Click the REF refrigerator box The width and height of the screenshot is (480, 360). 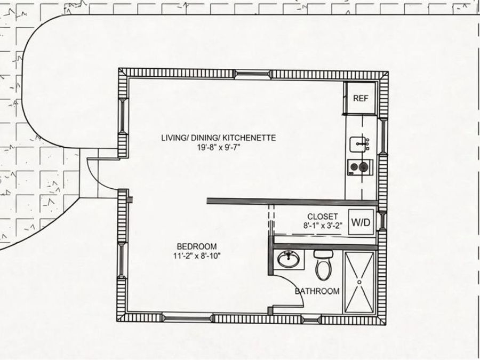coord(361,98)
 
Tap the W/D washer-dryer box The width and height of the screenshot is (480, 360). coord(361,222)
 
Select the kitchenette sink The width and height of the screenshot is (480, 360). coord(359,144)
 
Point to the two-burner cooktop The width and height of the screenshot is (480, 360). coord(360,167)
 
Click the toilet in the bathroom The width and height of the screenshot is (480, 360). coord(323,265)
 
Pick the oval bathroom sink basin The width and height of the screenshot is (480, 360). coord(289,259)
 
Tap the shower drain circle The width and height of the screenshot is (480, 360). coord(359,282)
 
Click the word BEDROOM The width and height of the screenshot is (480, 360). coord(197,246)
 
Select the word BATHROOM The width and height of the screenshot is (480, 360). coord(317,291)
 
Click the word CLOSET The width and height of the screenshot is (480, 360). coord(323,217)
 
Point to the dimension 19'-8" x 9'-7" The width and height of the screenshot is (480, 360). coord(218,147)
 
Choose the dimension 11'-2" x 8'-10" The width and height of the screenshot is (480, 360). coord(197,255)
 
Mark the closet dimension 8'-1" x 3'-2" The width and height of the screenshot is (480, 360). coord(323,226)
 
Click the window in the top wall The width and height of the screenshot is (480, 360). coord(253,74)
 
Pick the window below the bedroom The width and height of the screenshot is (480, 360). coord(187,318)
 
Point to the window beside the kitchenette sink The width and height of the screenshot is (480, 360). coord(382,136)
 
